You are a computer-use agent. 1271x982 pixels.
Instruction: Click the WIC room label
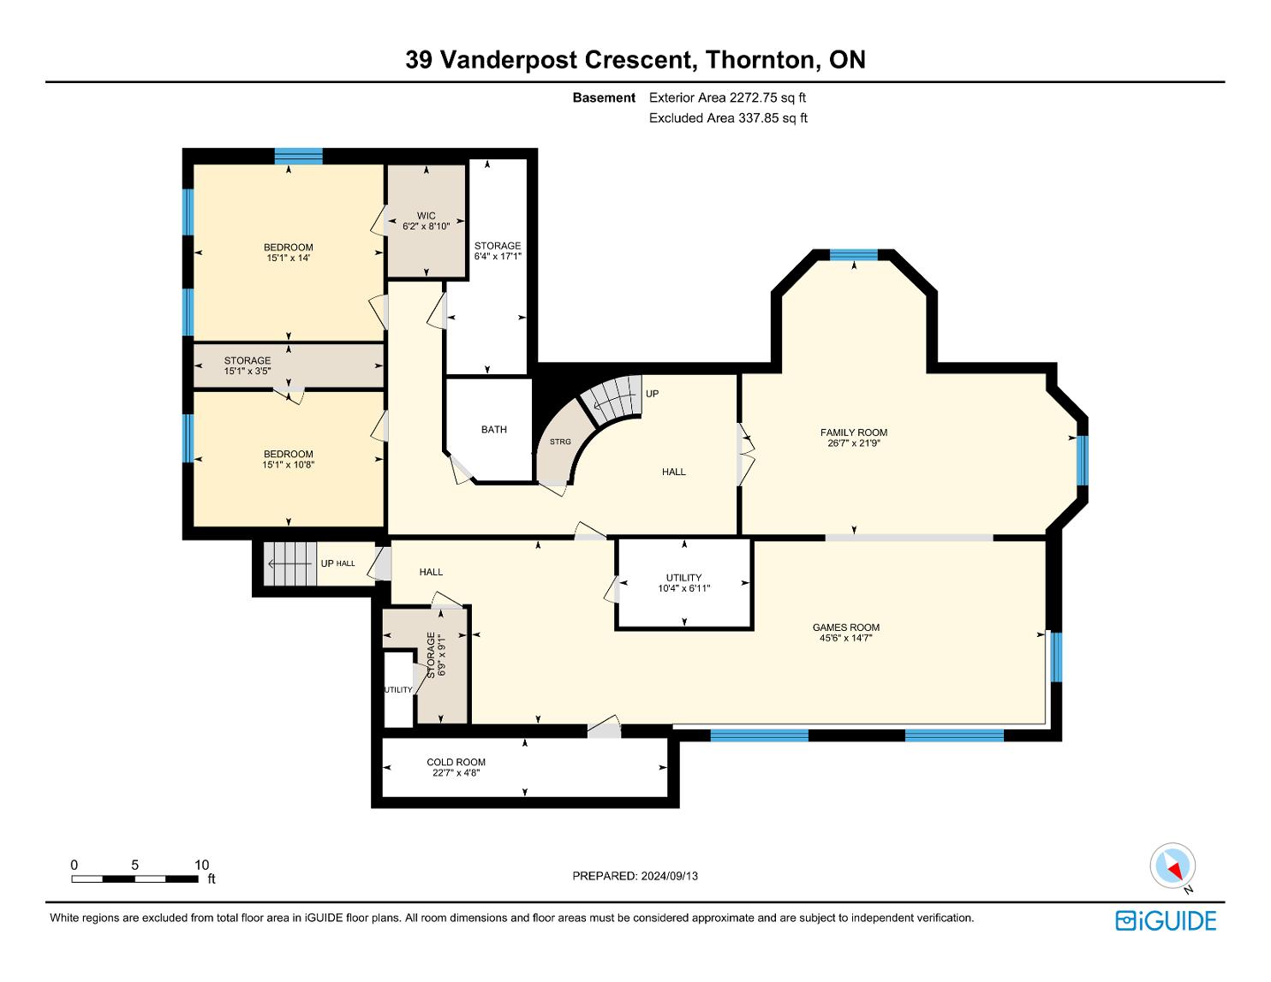point(426,216)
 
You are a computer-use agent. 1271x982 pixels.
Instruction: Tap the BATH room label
point(493,430)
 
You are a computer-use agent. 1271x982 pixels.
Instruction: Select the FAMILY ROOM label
point(853,432)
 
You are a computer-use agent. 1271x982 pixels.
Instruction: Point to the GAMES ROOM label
point(846,628)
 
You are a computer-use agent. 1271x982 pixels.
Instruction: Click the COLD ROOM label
point(456,762)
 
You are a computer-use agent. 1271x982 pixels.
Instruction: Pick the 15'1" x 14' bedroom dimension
point(289,258)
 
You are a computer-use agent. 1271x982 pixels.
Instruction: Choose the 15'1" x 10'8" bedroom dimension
point(289,465)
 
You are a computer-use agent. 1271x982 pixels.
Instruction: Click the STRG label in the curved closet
point(560,441)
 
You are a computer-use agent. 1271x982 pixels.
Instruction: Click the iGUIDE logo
point(1166,920)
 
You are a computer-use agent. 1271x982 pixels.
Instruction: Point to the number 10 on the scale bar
point(201,865)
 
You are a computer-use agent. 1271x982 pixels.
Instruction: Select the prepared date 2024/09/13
point(669,876)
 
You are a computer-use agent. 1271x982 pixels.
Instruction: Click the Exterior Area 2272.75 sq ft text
point(727,98)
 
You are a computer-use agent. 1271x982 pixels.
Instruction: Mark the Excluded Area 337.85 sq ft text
point(728,118)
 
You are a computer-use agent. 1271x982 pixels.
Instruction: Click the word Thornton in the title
point(760,60)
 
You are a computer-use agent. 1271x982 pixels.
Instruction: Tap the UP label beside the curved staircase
point(652,393)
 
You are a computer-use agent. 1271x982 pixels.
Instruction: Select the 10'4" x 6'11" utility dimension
point(683,588)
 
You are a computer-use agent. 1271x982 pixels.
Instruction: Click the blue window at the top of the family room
point(853,255)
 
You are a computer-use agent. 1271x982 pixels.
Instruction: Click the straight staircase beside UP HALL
point(289,563)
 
